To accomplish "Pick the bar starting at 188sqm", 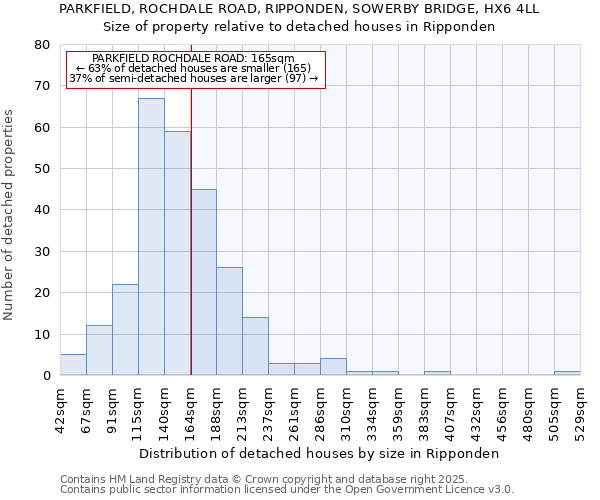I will pyautogui.click(x=229, y=321).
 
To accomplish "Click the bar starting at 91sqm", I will pyautogui.click(x=125, y=330).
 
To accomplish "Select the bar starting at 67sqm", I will pyautogui.click(x=99, y=350).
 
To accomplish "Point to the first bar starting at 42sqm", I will pyautogui.click(x=73, y=365).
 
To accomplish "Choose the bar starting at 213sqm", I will pyautogui.click(x=255, y=346).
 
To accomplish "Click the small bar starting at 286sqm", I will pyautogui.click(x=333, y=367).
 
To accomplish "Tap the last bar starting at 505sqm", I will pyautogui.click(x=567, y=373).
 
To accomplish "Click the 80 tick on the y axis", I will pyautogui.click(x=41, y=45).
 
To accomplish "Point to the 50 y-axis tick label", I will pyautogui.click(x=41, y=169).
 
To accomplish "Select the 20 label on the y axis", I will pyautogui.click(x=41, y=293).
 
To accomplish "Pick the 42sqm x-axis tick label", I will pyautogui.click(x=60, y=406).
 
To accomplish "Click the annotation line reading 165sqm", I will pyautogui.click(x=196, y=59).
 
